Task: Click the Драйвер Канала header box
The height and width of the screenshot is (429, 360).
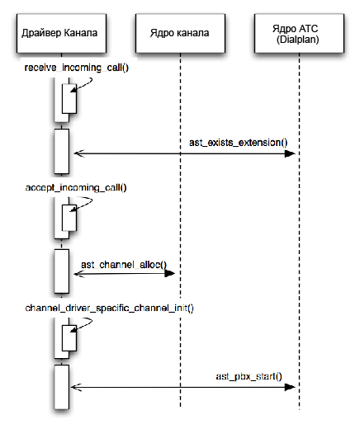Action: point(61,33)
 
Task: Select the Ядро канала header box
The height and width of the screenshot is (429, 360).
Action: point(180,33)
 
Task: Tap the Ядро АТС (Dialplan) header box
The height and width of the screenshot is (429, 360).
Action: point(299,33)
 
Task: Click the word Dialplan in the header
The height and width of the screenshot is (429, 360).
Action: point(298,40)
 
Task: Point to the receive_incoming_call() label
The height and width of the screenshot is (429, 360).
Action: point(77,68)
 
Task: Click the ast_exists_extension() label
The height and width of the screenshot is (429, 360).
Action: point(239,143)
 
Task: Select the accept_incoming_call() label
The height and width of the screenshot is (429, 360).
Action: point(76,188)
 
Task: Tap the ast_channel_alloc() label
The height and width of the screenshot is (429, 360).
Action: point(124,265)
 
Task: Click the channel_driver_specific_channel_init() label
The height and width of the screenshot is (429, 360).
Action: point(110,308)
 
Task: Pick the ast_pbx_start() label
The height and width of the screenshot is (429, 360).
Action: point(249,376)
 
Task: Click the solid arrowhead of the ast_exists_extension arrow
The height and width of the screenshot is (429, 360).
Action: point(290,153)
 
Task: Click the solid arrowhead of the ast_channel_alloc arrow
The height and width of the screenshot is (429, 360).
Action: point(170,273)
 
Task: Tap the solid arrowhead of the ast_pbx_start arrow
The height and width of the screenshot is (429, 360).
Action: point(290,387)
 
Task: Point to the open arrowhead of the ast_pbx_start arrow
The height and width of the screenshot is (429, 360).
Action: point(76,387)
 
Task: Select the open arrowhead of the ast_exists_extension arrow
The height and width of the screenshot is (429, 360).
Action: point(79,153)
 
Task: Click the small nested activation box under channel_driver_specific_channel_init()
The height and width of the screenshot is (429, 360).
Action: point(69,338)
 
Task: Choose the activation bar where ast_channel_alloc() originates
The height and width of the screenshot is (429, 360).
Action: point(61,271)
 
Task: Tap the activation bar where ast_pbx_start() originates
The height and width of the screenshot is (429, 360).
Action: point(61,387)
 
